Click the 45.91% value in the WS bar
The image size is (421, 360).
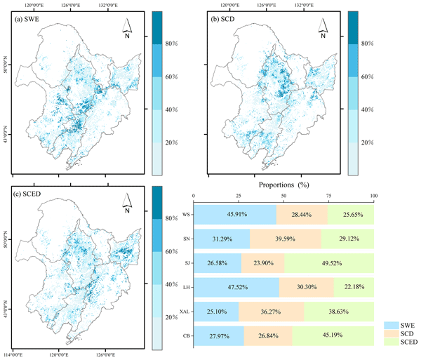coord(235,215)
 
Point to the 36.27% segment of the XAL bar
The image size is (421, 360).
coord(272,312)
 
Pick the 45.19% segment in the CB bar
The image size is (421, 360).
coord(333,336)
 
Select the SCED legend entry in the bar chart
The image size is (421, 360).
coord(401,342)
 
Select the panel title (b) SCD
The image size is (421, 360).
coord(227,19)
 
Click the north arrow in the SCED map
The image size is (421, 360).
coord(126,204)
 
